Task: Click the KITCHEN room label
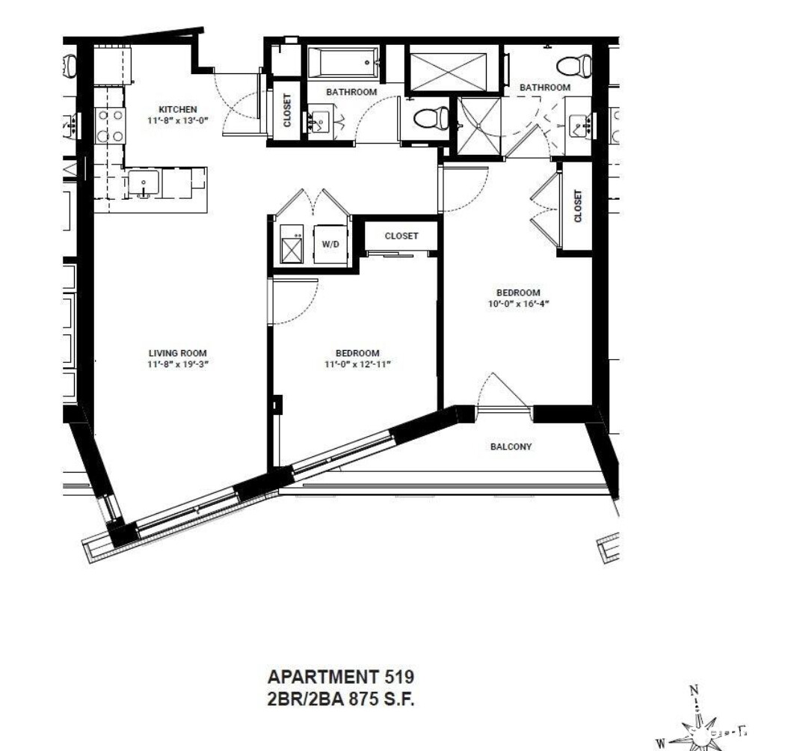point(178,110)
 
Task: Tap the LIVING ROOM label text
point(178,353)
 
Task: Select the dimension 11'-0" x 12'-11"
point(358,364)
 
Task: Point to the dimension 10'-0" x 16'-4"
point(518,304)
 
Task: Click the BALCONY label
point(511,447)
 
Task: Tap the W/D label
point(330,245)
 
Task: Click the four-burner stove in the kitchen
point(111,126)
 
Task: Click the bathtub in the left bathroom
point(343,63)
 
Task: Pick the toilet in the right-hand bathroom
point(574,66)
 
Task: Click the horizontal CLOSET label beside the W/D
point(401,236)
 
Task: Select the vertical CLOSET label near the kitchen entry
point(287,111)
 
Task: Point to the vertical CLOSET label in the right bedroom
point(577,206)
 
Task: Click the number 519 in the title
point(399,677)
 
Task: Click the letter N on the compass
point(694,690)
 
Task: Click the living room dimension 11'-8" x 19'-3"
point(178,364)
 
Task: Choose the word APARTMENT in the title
point(323,677)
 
